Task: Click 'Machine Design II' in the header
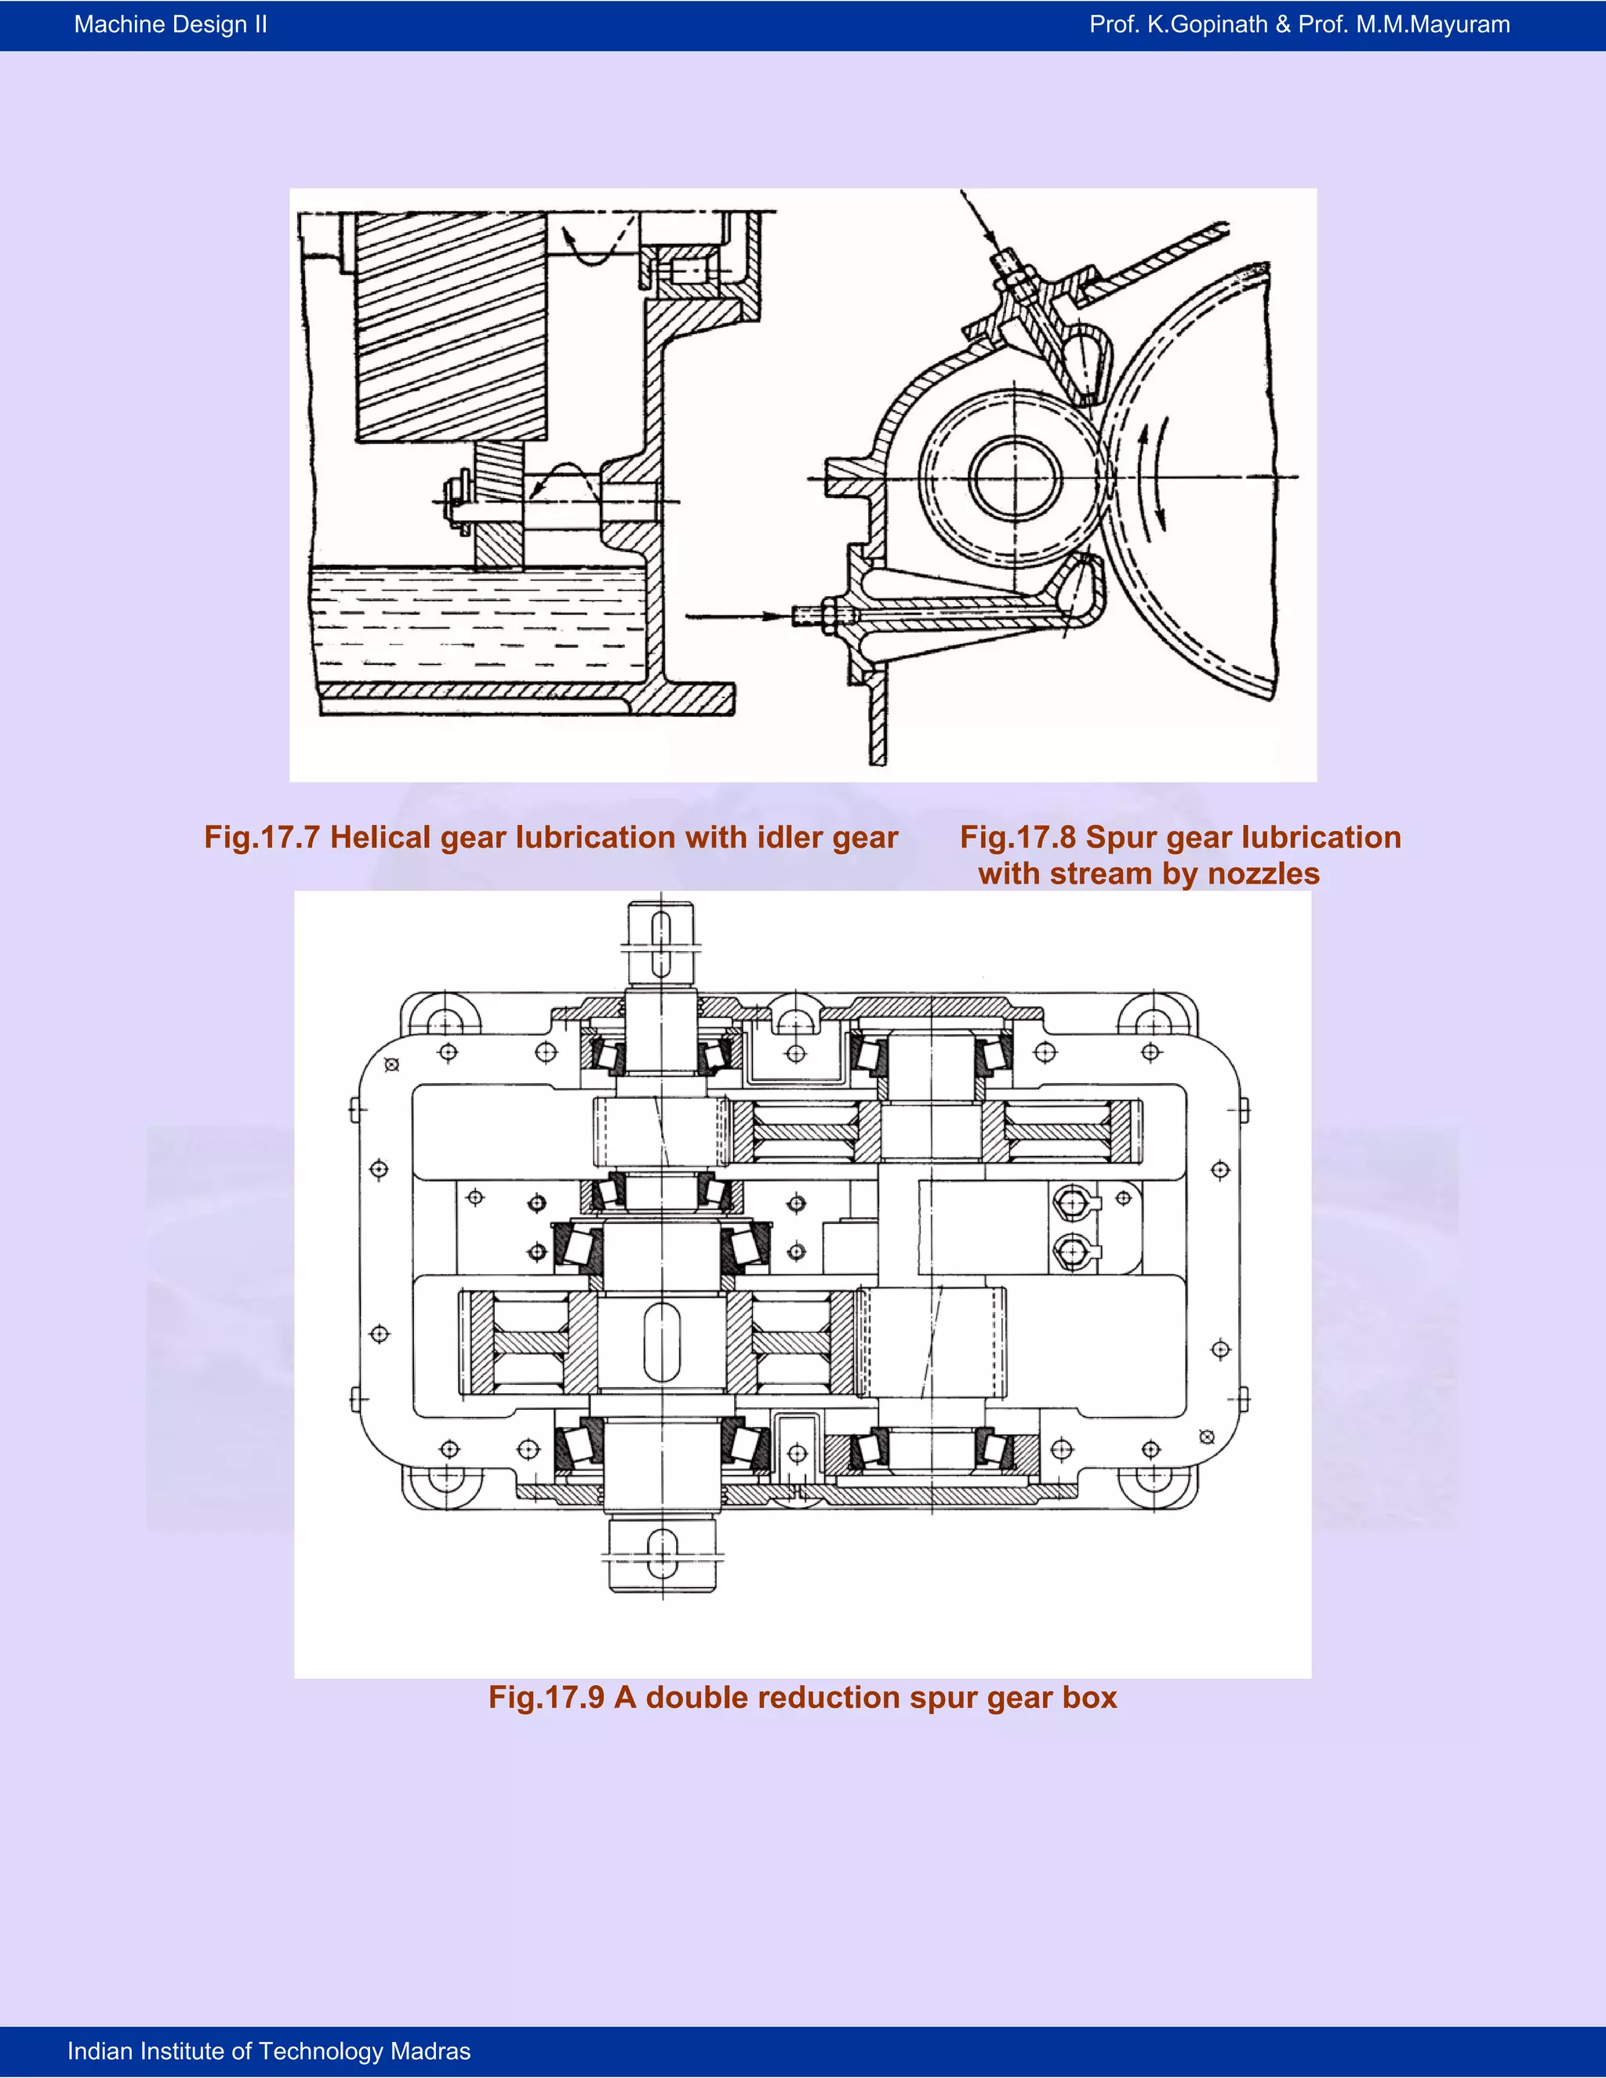(x=170, y=25)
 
